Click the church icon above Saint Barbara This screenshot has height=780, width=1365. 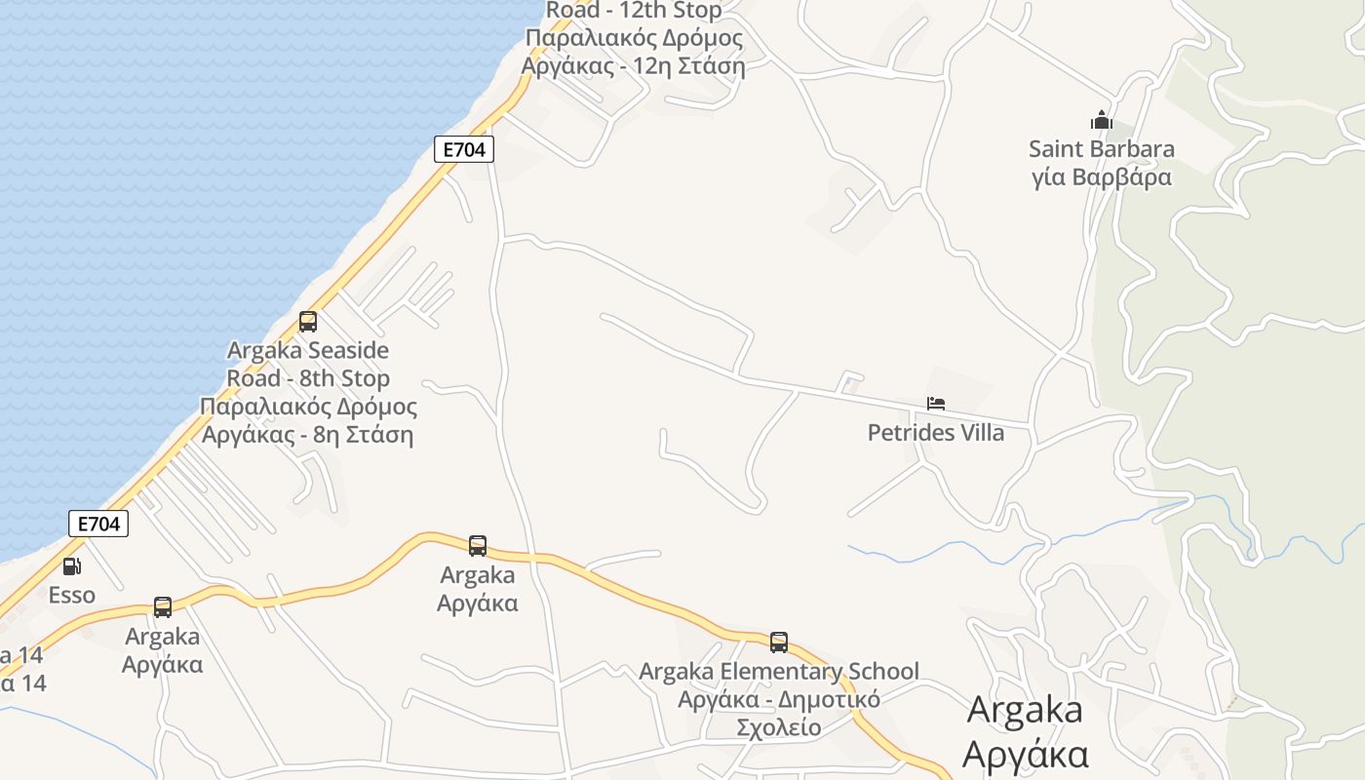click(1102, 120)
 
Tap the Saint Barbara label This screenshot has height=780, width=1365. click(1102, 149)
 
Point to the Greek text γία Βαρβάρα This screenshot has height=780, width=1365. click(1102, 177)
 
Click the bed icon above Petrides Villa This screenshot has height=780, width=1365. click(936, 403)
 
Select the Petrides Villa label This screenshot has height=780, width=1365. click(936, 432)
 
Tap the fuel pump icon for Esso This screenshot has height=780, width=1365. click(72, 565)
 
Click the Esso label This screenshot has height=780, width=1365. click(72, 595)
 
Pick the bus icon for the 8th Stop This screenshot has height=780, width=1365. click(308, 321)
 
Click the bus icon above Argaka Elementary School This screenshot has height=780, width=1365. click(779, 642)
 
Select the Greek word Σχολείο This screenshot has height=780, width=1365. click(778, 727)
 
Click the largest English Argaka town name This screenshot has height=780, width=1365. click(1024, 710)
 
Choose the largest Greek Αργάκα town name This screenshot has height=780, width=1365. click(1024, 754)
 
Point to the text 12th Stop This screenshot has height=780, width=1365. click(675, 11)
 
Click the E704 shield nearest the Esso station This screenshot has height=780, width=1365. click(98, 524)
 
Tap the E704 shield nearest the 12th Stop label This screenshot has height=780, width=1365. click(464, 149)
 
